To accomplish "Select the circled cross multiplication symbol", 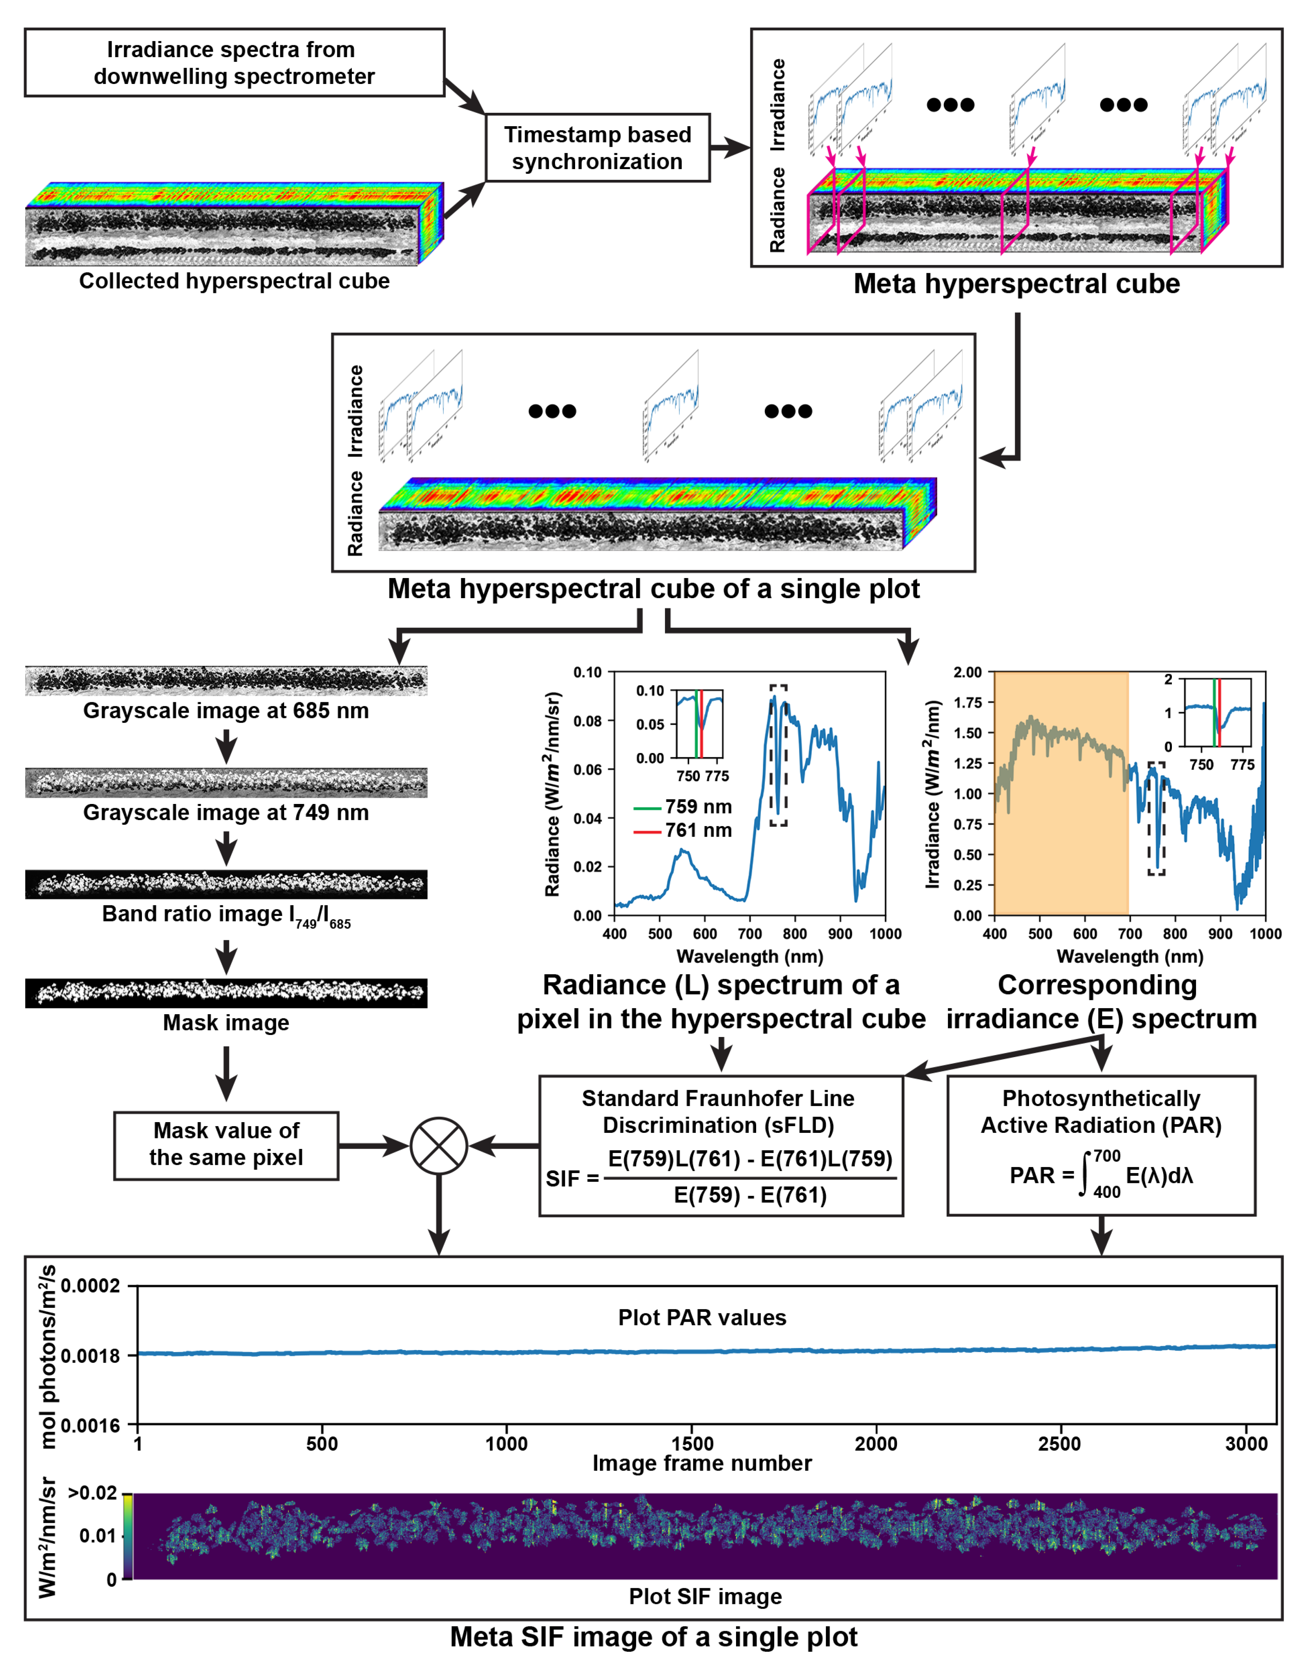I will (x=439, y=1145).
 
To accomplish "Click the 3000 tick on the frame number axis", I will (x=1246, y=1443).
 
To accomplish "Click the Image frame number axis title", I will (x=702, y=1463).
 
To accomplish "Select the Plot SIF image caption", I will (x=705, y=1596).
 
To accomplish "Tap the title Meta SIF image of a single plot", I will (x=653, y=1637).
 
